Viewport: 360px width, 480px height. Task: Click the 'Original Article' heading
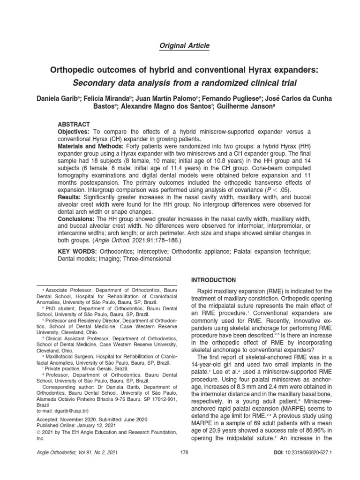(x=180, y=45)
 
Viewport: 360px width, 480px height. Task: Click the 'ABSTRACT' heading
(x=74, y=124)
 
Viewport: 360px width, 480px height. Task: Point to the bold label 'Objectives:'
(x=75, y=132)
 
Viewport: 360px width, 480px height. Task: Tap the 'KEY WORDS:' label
(x=76, y=252)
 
